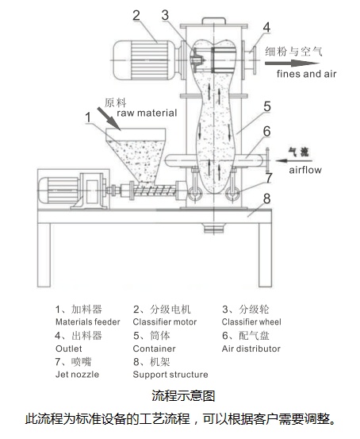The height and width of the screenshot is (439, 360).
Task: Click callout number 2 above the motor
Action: (136, 15)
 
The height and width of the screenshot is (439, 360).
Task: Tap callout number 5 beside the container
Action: (267, 106)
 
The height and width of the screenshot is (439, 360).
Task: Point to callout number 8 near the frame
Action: (267, 198)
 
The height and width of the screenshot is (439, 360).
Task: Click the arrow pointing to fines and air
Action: (292, 63)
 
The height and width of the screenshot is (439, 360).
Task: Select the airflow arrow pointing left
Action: (293, 160)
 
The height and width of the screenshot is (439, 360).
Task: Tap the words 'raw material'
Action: (147, 113)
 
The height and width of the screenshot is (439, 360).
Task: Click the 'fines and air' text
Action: (306, 74)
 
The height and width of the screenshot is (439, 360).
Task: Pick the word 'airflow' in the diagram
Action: (305, 170)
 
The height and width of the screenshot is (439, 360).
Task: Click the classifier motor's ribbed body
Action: (144, 60)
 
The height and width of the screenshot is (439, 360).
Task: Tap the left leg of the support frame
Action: (44, 255)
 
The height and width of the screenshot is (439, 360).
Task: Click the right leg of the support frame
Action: (265, 255)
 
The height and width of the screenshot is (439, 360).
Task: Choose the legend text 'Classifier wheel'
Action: (251, 322)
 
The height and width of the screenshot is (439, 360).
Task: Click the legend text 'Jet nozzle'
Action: (77, 375)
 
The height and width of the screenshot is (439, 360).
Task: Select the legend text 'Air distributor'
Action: (251, 349)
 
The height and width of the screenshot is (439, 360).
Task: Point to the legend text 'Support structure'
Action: (170, 375)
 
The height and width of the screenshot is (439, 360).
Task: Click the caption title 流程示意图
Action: (183, 396)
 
